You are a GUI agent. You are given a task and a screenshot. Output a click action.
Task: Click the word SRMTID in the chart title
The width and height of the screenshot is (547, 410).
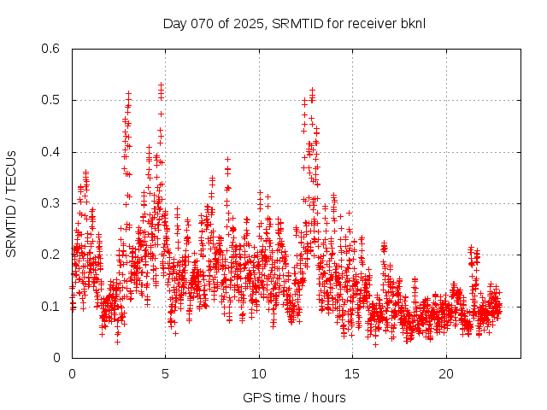coord(295,23)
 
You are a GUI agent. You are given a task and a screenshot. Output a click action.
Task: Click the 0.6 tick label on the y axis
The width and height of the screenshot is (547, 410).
coord(50,49)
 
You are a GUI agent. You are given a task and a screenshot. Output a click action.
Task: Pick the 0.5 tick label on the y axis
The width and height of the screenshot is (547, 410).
coord(50,100)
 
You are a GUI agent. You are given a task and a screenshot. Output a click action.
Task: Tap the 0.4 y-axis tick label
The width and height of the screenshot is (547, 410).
coord(50,152)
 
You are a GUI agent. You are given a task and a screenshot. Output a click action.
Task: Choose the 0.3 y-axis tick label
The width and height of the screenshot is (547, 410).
coord(50,203)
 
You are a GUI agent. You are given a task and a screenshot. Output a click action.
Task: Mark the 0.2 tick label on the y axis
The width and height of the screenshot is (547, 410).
coord(50,255)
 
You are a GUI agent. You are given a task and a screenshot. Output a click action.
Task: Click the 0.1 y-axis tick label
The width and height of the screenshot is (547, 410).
coord(50,306)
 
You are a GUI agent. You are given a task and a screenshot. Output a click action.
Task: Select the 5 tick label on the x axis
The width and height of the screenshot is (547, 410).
coord(166,373)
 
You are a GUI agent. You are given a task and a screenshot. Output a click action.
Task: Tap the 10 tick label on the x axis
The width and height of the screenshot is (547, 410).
coord(259,373)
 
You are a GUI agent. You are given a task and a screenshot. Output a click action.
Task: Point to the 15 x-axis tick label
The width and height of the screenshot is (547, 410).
coord(352,373)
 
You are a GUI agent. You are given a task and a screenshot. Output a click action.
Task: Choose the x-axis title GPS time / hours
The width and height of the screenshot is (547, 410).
coord(294,397)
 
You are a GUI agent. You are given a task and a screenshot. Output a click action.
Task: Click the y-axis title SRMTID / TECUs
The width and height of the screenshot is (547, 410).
coord(11,204)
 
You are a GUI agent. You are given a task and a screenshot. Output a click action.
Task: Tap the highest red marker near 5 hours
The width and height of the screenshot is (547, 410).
coord(161,85)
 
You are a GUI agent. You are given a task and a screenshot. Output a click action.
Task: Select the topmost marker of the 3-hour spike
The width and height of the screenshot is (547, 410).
coord(129,93)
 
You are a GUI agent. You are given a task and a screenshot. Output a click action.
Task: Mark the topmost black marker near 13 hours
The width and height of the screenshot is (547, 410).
coord(313,89)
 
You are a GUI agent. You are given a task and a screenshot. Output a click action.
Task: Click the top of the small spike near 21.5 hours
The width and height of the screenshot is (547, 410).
coord(471,248)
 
